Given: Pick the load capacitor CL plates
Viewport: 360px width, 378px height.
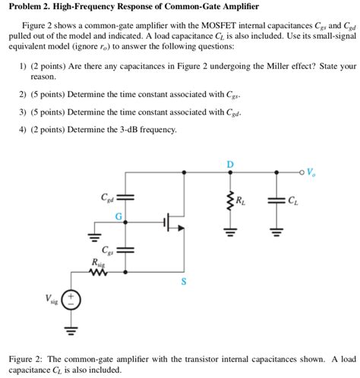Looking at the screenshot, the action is pyautogui.click(x=276, y=200).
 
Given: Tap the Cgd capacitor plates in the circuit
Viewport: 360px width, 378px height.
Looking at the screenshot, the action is pyautogui.click(x=127, y=197).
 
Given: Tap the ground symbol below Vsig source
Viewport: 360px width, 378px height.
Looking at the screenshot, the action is pyautogui.click(x=69, y=331).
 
